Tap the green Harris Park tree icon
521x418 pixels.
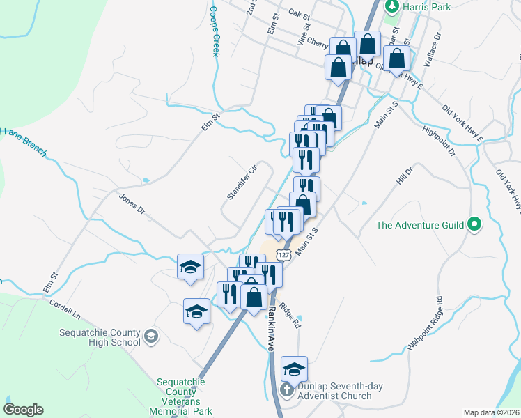pyautogui.click(x=392, y=6)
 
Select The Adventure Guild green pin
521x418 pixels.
pyautogui.click(x=475, y=225)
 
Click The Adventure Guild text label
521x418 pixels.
pyautogui.click(x=421, y=225)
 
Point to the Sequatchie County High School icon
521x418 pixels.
pyautogui.click(x=150, y=338)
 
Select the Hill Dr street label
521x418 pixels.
pyautogui.click(x=404, y=175)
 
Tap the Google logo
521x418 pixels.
pyautogui.click(x=23, y=410)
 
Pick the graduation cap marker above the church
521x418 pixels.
pyautogui.click(x=294, y=369)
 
